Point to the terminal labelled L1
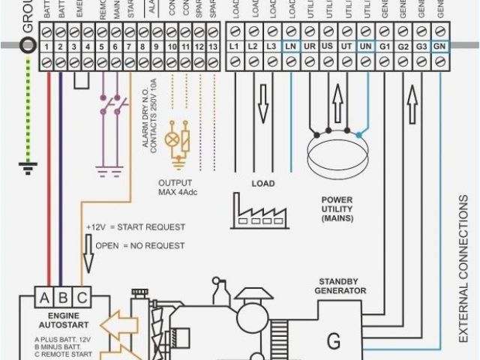point(234,47)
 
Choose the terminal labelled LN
point(290,47)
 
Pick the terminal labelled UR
point(309,47)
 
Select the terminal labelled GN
point(441,47)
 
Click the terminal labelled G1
point(385,47)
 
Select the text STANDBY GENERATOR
point(340,286)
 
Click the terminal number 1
point(46,47)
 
